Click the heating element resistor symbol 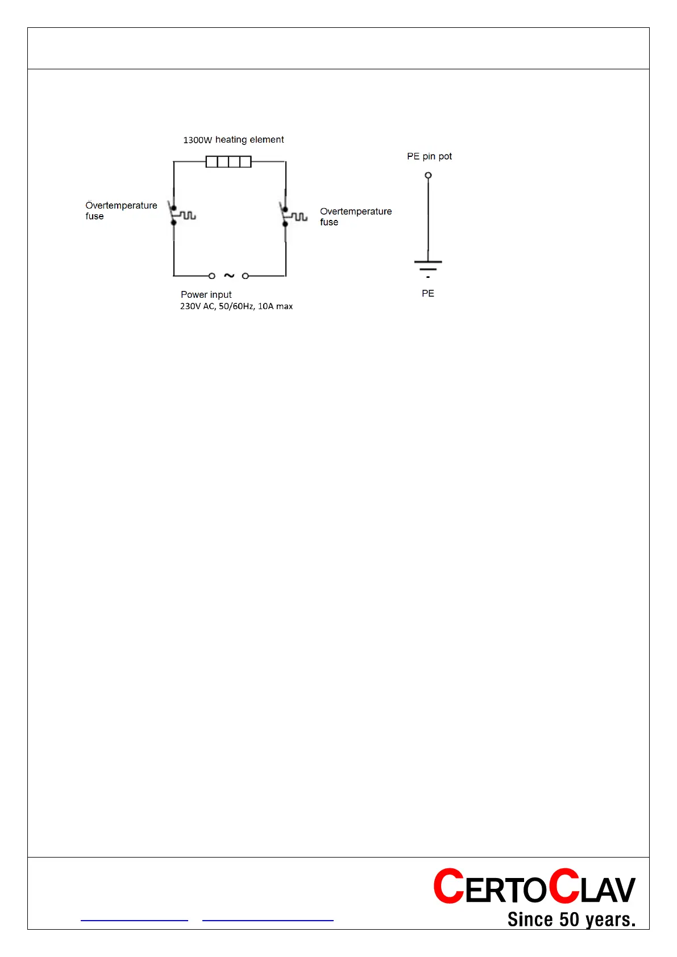pos(229,162)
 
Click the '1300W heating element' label pos(233,140)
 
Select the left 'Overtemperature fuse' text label pos(121,210)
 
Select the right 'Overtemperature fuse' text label pos(355,217)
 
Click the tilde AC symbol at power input pos(229,276)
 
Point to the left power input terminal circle pos(212,276)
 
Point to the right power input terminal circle pos(246,276)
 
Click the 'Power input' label pos(206,294)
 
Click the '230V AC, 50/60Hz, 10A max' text pos(236,306)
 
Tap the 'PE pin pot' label pos(429,156)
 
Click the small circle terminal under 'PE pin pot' pos(429,175)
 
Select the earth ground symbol pos(428,267)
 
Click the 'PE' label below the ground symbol pos(428,293)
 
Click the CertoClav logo pos(534,887)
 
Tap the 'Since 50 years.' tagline pos(571,919)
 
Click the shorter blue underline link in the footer pos(134,919)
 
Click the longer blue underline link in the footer pos(268,919)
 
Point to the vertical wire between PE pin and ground pos(429,219)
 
